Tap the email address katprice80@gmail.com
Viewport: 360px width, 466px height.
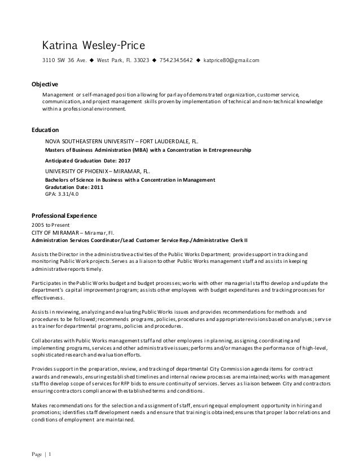pos(231,60)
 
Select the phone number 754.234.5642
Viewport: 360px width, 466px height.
pos(177,60)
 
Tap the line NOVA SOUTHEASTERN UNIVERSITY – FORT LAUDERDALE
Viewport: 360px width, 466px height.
pos(121,142)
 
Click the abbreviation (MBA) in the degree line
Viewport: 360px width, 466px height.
pos(142,151)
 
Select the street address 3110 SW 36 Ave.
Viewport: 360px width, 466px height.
pos(66,60)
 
